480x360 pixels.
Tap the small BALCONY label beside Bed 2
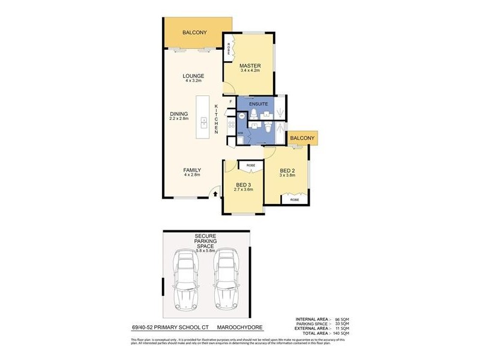(302, 138)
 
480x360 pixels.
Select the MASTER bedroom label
(249, 65)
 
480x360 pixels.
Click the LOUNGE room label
(194, 76)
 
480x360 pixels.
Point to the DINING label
(179, 114)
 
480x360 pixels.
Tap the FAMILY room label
(192, 170)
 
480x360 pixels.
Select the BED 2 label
(287, 171)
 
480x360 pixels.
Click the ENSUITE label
(255, 103)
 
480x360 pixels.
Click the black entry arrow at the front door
(217, 193)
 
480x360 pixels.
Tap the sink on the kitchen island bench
(204, 123)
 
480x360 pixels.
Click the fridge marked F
(230, 102)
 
